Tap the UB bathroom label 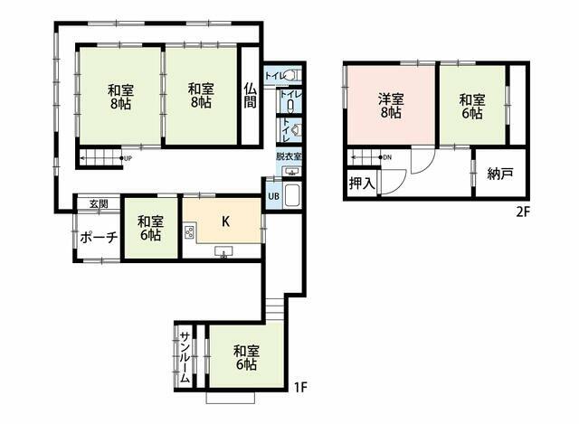coord(273,196)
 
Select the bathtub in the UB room coord(293,195)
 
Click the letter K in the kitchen coord(225,221)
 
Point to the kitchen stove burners coord(189,232)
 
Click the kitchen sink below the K coord(223,251)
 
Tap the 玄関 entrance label coord(99,203)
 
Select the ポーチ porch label coord(99,237)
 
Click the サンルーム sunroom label coord(185,357)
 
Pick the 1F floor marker coord(300,387)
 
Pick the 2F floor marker coord(523,212)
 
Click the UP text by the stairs coord(128,159)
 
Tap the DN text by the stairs coord(387,157)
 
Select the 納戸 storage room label coord(500,174)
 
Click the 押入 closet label coord(362,183)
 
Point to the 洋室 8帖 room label coord(391,106)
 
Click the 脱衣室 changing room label coord(289,156)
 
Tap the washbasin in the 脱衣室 coord(291,172)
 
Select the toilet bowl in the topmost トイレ coord(290,76)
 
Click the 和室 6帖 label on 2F coord(472,107)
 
